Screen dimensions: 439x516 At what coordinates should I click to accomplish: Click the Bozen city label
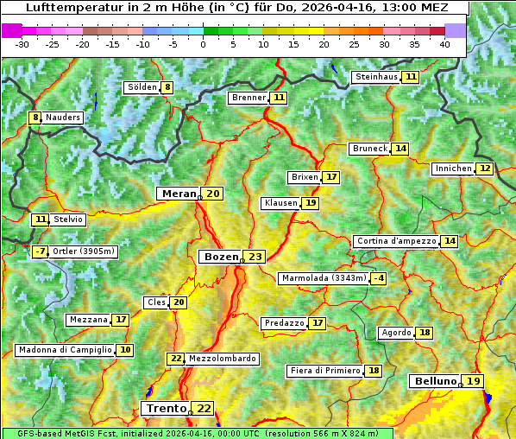(x=220, y=257)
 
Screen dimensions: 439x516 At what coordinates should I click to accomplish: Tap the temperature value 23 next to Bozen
(x=255, y=257)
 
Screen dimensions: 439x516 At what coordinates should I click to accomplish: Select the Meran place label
(x=179, y=194)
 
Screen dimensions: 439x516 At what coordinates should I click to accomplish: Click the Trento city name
(x=166, y=408)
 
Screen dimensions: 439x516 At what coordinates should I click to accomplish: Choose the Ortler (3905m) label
(x=84, y=251)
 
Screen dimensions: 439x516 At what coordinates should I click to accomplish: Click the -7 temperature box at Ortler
(x=40, y=251)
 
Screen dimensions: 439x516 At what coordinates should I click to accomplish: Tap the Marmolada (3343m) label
(x=324, y=278)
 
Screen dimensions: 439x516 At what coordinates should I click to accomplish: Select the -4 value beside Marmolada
(x=378, y=278)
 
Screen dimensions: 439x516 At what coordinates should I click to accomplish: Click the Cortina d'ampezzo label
(x=395, y=241)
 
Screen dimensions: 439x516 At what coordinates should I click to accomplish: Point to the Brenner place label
(x=249, y=98)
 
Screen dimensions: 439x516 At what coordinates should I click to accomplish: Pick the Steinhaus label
(x=377, y=77)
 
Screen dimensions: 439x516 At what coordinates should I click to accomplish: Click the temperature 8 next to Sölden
(x=167, y=87)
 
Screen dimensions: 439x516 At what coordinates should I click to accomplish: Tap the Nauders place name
(x=63, y=118)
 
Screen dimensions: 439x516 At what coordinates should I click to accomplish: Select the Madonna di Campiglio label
(x=65, y=350)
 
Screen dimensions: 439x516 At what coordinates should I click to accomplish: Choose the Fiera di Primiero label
(x=324, y=371)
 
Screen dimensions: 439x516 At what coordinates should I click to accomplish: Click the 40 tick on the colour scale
(x=444, y=43)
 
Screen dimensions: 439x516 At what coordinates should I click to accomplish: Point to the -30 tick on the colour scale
(x=22, y=43)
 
